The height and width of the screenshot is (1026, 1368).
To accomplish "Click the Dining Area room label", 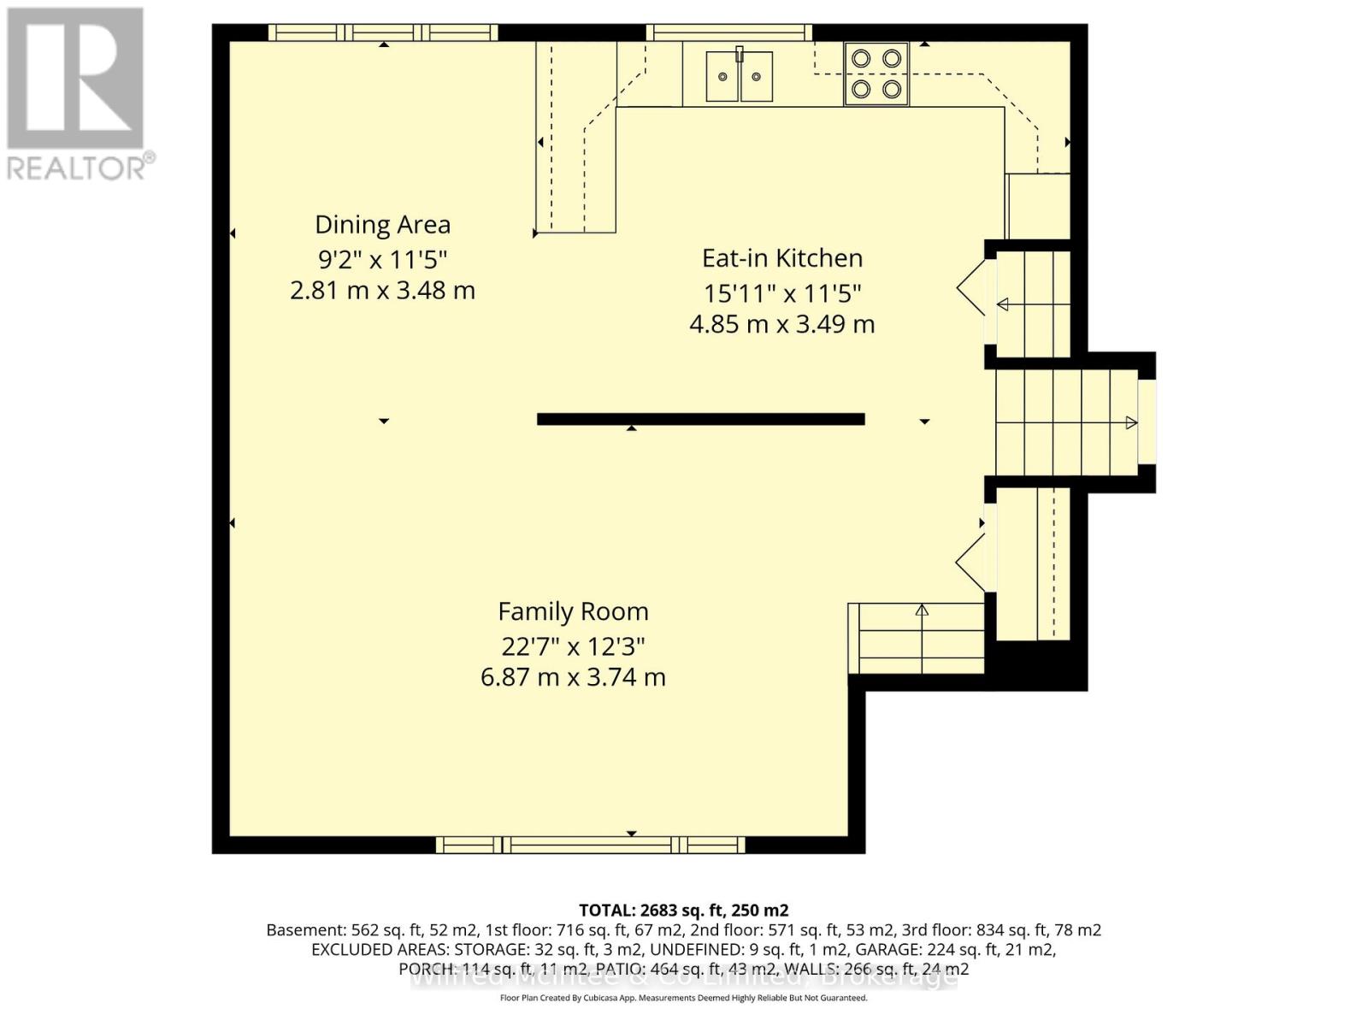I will [382, 225].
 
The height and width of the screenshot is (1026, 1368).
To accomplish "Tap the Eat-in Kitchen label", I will [781, 258].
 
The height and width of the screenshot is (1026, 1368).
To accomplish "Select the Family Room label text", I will [573, 612].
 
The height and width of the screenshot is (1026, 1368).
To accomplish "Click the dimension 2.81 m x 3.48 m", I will [382, 291].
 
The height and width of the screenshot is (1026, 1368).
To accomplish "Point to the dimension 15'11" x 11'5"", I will [781, 293].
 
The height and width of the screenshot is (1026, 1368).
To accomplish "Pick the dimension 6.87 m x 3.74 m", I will [573, 677].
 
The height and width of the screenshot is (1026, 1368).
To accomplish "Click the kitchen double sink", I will [740, 77].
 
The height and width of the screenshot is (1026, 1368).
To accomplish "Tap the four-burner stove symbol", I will [876, 74].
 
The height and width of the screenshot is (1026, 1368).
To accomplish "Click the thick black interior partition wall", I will [700, 419].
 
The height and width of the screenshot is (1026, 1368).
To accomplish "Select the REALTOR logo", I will [77, 94].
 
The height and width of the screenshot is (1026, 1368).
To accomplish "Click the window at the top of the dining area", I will [383, 32].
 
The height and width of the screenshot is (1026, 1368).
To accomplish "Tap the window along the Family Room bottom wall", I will [590, 845].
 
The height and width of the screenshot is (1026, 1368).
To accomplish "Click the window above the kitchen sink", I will [728, 32].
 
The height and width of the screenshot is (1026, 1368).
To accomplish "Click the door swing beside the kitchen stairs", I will [973, 287].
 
